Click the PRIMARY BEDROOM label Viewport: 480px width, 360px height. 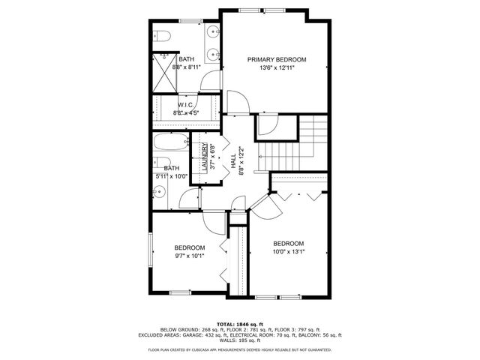pyautogui.click(x=277, y=59)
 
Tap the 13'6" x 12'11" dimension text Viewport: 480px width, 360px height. pyautogui.click(x=277, y=67)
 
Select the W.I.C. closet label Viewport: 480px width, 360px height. pyautogui.click(x=187, y=105)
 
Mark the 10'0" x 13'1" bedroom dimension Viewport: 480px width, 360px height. pyautogui.click(x=288, y=252)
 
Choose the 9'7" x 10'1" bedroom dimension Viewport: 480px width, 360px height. pyautogui.click(x=190, y=256)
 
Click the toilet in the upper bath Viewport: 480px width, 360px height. pyautogui.click(x=164, y=36)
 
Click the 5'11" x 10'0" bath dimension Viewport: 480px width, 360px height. pyautogui.click(x=172, y=177)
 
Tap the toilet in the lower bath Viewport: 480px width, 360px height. pyautogui.click(x=163, y=164)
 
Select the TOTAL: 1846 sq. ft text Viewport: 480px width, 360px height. pyautogui.click(x=239, y=322)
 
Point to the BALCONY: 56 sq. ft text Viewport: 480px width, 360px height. pyautogui.click(x=319, y=335)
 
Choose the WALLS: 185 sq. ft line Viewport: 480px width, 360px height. pyautogui.click(x=239, y=341)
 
